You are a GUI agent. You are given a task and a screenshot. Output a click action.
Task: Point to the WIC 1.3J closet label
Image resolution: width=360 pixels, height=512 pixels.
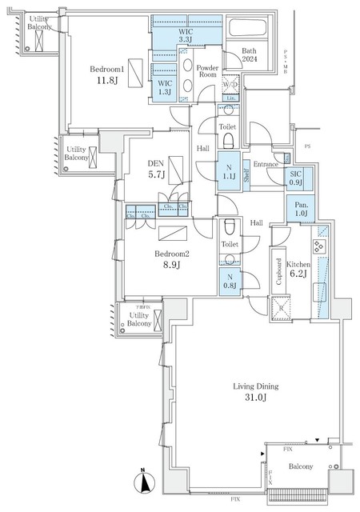165,86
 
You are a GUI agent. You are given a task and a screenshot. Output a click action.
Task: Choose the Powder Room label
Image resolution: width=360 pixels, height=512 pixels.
208,72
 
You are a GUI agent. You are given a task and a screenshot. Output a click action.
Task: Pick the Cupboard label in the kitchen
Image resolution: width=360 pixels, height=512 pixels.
279,272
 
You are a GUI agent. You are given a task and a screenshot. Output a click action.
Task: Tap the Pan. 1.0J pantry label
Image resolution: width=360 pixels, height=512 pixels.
299,210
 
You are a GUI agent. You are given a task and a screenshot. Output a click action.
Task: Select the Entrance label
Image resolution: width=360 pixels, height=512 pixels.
266,165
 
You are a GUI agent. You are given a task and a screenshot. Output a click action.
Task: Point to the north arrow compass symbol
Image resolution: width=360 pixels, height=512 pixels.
143,483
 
